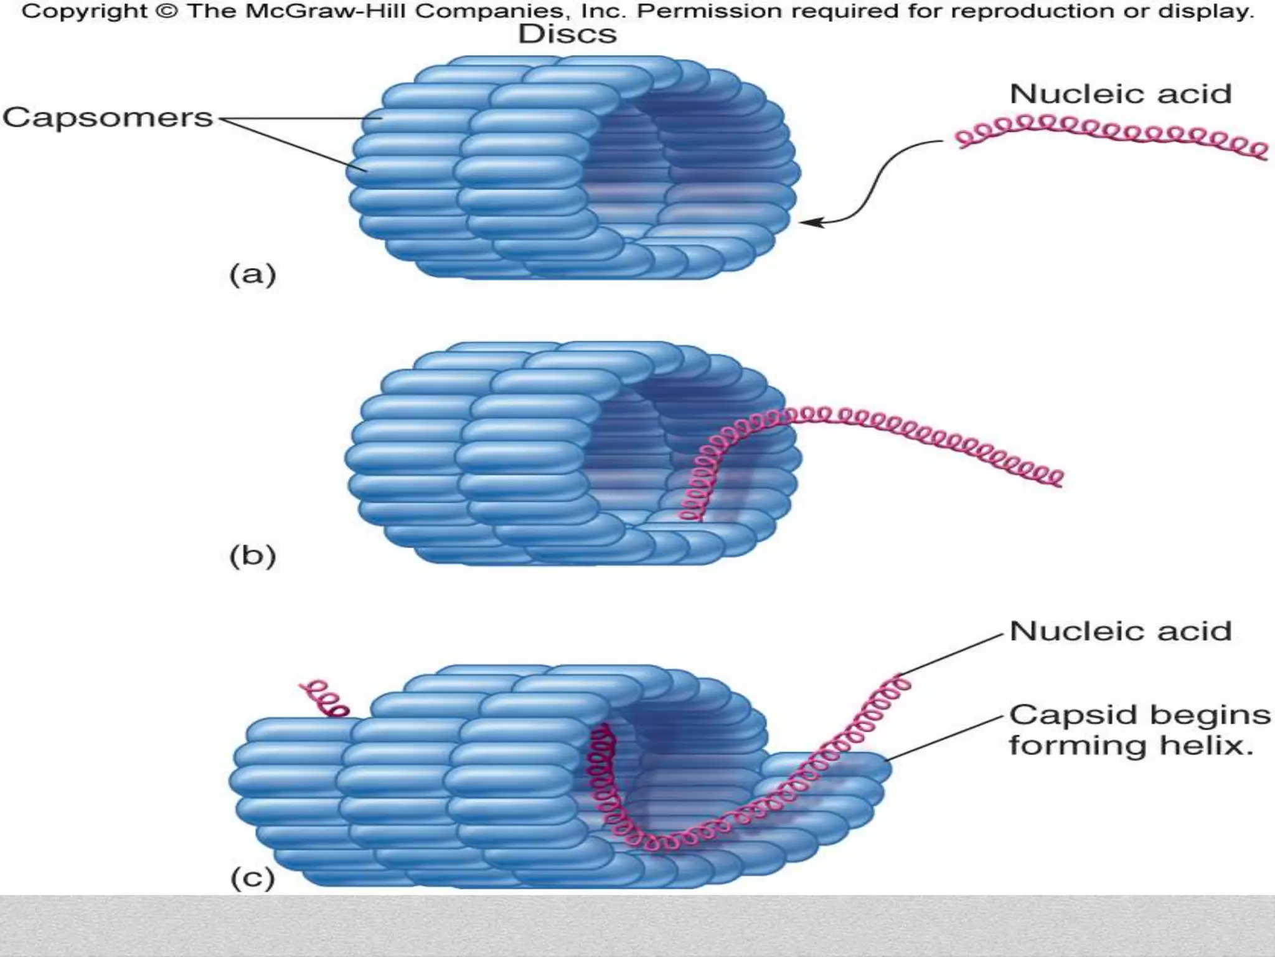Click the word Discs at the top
pyautogui.click(x=567, y=35)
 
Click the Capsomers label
pyautogui.click(x=108, y=118)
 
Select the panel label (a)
pyautogui.click(x=253, y=275)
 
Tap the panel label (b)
pyautogui.click(x=253, y=556)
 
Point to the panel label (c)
pyautogui.click(x=253, y=878)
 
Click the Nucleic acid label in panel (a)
pyautogui.click(x=1120, y=95)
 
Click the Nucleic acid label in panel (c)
pyautogui.click(x=1120, y=631)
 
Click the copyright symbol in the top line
pyautogui.click(x=167, y=12)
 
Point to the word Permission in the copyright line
pyautogui.click(x=710, y=12)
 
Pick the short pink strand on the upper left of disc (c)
pyautogui.click(x=325, y=698)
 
